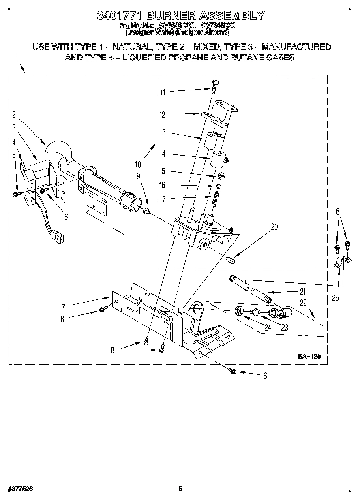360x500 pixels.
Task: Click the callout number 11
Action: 162,92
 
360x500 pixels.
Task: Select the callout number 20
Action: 274,227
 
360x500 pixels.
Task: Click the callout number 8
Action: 113,350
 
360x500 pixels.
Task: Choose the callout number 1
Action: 17,58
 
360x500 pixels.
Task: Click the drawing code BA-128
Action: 310,356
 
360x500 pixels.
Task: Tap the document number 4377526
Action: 20,489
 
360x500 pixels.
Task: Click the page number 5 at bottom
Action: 180,489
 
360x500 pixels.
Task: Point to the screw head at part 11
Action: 215,83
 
